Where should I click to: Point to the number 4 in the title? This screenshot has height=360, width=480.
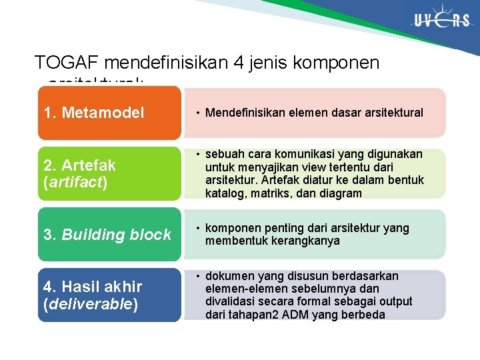click(240, 63)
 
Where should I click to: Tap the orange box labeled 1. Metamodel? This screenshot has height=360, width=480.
click(109, 113)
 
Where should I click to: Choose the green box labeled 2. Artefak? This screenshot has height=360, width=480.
click(109, 173)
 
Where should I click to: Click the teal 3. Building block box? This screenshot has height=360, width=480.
click(109, 235)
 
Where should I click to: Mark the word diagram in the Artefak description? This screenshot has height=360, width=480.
click(340, 193)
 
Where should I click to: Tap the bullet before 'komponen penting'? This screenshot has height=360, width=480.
click(198, 229)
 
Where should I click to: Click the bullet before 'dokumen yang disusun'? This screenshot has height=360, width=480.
click(198, 276)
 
